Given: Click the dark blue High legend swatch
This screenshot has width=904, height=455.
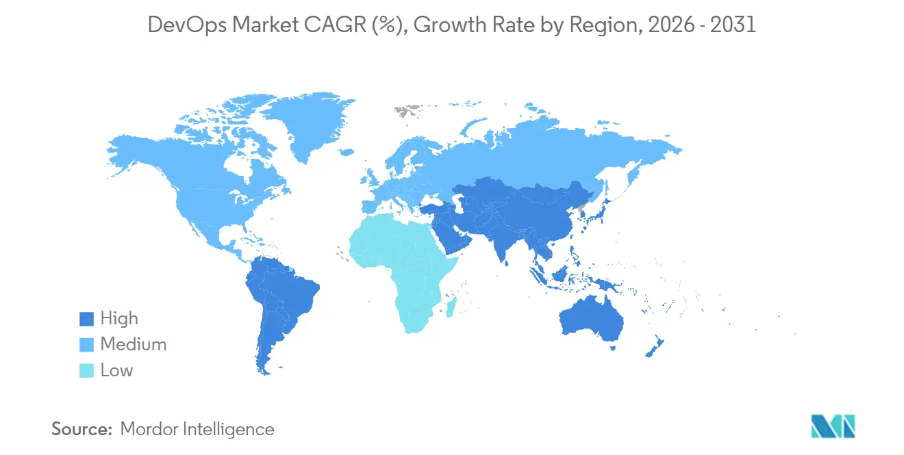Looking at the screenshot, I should [86, 319].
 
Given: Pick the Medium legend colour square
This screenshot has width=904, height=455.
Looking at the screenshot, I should [86, 345].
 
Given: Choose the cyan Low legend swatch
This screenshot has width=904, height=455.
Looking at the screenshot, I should [86, 371].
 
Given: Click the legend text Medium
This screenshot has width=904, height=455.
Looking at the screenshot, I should [134, 344].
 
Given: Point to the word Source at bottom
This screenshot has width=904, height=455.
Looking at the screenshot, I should [81, 430].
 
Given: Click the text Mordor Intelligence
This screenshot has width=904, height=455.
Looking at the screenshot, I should [197, 430].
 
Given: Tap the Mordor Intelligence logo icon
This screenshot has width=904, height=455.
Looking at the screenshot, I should [832, 426].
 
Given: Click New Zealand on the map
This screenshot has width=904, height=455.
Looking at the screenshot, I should [653, 346].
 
